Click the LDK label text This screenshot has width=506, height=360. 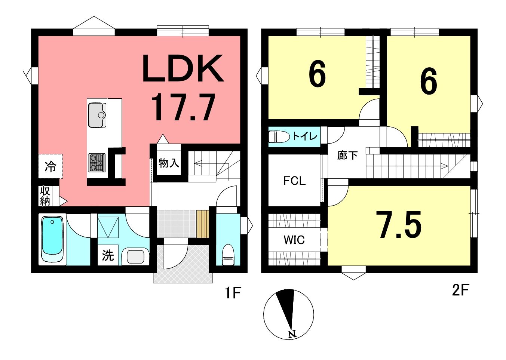[x=183, y=68]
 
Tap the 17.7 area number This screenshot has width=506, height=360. [x=183, y=108]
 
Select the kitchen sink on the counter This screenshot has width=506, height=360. [x=97, y=115]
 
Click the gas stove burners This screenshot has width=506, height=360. [x=97, y=163]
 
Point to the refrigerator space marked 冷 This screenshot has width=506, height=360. [x=50, y=167]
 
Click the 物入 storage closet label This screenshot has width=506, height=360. [x=169, y=163]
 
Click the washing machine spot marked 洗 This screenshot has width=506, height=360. [x=108, y=255]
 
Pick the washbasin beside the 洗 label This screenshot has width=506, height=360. [x=135, y=257]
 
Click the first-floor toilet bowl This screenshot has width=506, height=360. [x=228, y=255]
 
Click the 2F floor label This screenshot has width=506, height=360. [x=461, y=290]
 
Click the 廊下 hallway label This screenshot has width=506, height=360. [x=347, y=156]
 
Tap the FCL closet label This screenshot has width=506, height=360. [x=295, y=181]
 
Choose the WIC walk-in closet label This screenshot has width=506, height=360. [x=294, y=240]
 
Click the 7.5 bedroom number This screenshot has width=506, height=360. [x=400, y=225]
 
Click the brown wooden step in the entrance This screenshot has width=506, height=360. [x=202, y=224]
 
